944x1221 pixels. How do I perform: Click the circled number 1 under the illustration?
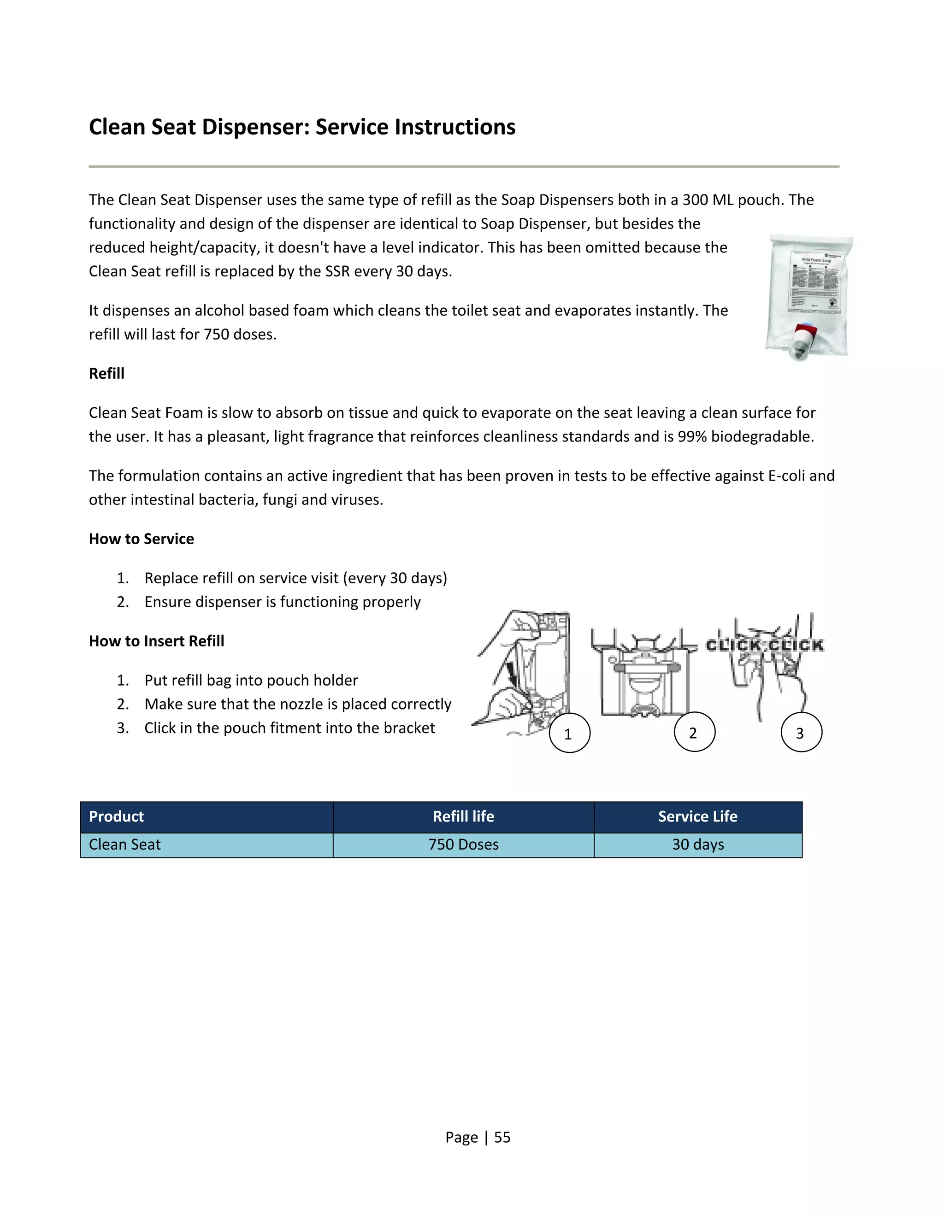click(569, 734)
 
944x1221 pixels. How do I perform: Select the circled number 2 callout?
click(694, 733)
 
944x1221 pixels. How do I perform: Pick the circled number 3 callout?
click(801, 733)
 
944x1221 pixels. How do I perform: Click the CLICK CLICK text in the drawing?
click(764, 645)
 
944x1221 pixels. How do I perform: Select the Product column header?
click(116, 817)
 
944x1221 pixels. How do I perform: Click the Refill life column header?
click(463, 817)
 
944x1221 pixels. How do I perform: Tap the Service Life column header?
click(697, 817)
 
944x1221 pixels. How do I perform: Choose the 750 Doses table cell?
click(463, 845)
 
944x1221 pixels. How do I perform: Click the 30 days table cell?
click(697, 845)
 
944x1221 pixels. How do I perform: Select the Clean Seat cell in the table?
click(125, 845)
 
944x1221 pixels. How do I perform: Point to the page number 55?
click(502, 1137)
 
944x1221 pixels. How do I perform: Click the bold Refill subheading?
click(107, 374)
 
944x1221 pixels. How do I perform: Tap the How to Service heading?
click(142, 539)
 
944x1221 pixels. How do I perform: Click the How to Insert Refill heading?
click(157, 641)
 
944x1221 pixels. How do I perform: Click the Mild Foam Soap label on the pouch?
click(816, 260)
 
